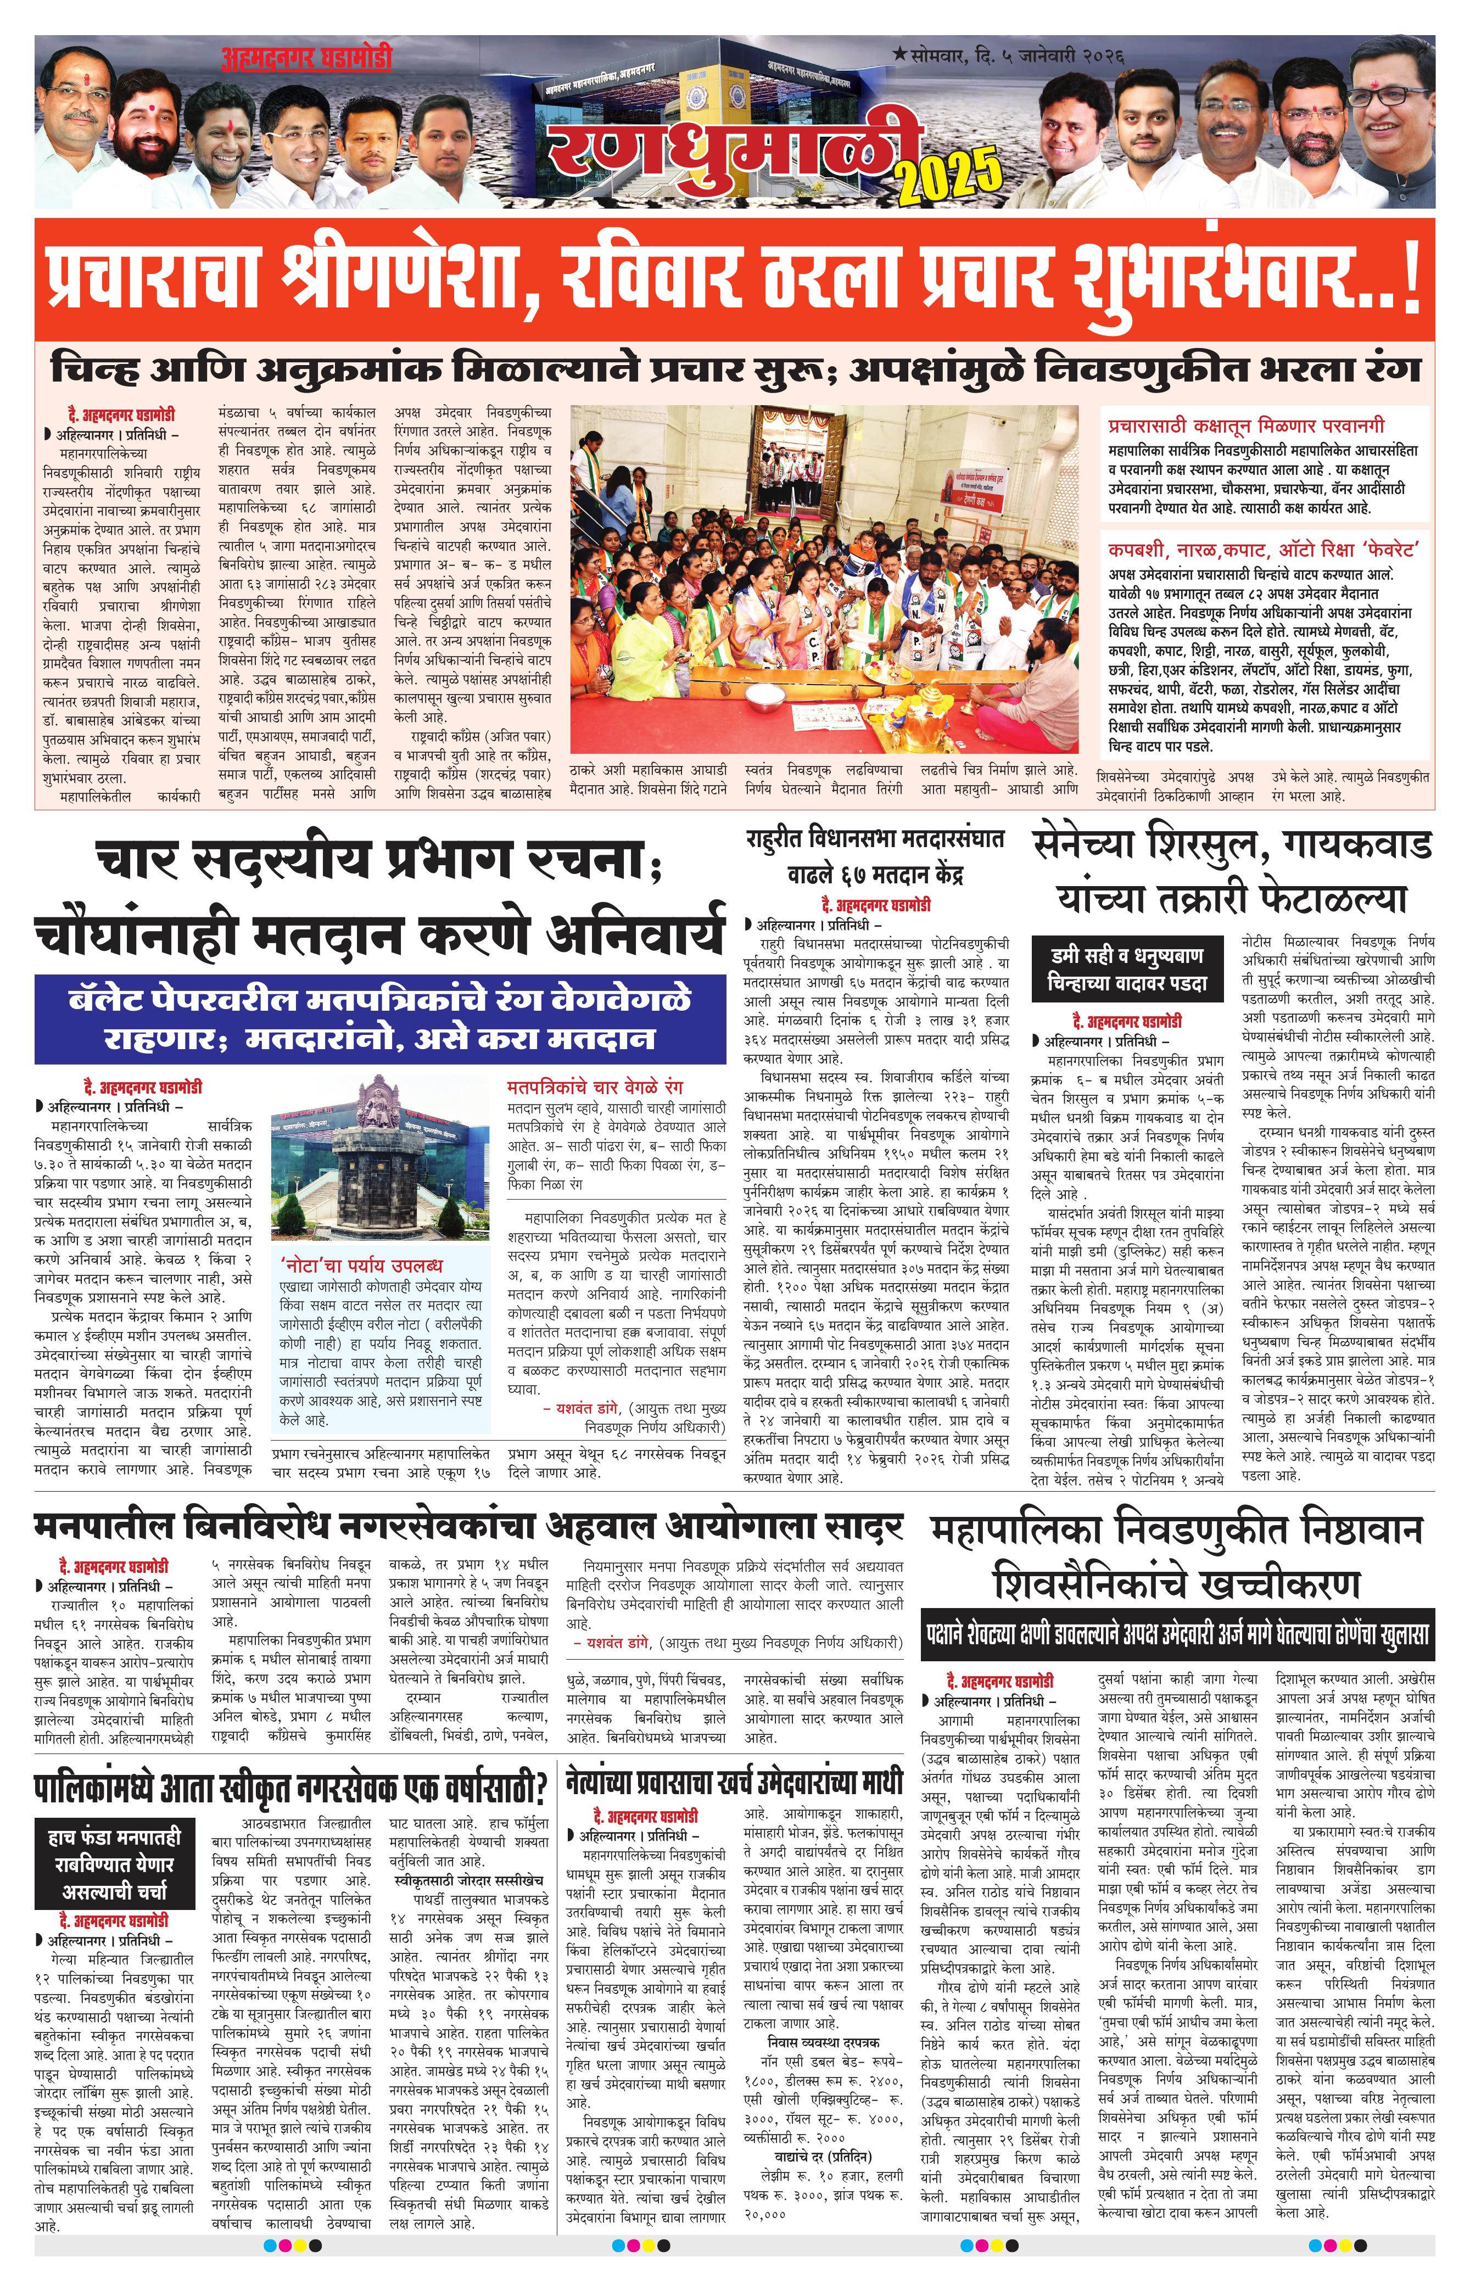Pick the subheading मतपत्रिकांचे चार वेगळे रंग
[596, 1086]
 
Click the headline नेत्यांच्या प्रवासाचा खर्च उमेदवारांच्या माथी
[733, 1780]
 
